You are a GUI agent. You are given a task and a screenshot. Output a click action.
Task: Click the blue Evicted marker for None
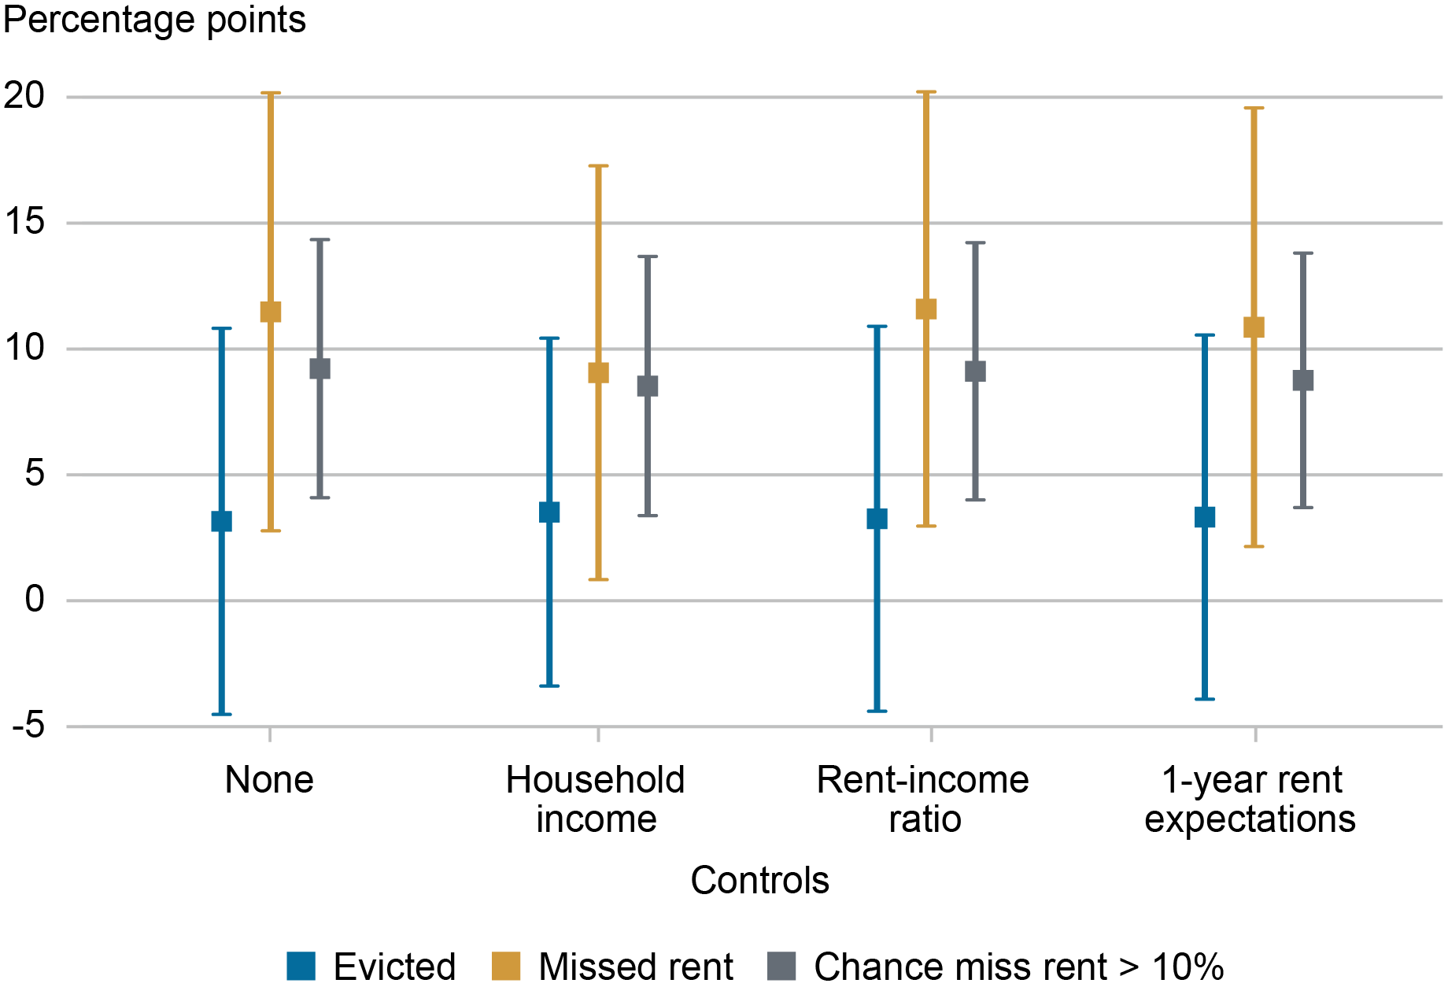[222, 521]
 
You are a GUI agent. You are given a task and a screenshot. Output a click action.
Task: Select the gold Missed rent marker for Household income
[598, 372]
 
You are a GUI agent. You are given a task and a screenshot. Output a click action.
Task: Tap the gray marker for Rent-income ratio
[975, 372]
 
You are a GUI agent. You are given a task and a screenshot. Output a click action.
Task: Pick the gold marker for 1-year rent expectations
[1254, 327]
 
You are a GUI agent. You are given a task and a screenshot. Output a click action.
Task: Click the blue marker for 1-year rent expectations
[1205, 517]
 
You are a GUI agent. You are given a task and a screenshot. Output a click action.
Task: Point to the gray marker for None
[320, 368]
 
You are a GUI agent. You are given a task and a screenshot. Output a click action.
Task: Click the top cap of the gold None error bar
[271, 93]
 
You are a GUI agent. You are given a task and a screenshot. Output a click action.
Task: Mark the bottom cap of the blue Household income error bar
[549, 686]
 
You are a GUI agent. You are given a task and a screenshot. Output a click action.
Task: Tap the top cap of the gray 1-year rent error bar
[1303, 253]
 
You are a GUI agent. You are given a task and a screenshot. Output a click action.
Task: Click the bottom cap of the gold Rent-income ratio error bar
[926, 526]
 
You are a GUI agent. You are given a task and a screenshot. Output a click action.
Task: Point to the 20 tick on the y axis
[24, 96]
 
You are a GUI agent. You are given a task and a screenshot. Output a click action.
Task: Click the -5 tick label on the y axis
[28, 726]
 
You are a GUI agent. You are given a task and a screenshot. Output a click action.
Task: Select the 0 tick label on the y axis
[35, 600]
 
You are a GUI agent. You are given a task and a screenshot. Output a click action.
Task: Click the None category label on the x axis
[269, 780]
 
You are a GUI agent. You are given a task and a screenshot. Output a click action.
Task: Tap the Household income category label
[596, 799]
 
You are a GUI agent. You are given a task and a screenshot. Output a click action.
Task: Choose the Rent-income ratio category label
[923, 799]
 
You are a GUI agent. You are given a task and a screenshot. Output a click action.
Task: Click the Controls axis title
[759, 880]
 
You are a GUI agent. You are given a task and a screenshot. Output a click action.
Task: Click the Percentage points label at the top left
[154, 20]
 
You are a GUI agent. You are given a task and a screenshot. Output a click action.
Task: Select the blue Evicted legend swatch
[301, 966]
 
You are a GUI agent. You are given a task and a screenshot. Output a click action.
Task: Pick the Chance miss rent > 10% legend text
[1018, 967]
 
